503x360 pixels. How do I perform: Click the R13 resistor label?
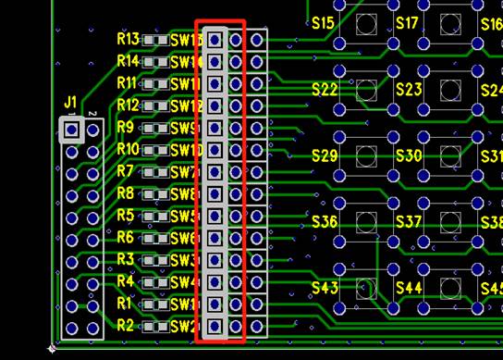coord(129,40)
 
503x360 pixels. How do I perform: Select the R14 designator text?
coord(129,61)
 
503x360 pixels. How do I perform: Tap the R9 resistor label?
coord(126,127)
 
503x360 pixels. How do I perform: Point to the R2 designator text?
coord(126,325)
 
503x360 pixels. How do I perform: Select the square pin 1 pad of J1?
coord(72,130)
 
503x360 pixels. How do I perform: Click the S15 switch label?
coord(324,22)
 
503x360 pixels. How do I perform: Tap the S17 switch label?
coord(407,22)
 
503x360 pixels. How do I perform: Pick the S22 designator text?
coord(325,90)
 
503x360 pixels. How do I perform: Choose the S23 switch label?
coord(409,90)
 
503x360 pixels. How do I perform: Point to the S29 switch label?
coord(325,155)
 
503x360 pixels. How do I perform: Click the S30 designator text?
coord(409,155)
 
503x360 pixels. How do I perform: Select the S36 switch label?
coord(325,222)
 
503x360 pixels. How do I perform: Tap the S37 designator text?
coord(409,222)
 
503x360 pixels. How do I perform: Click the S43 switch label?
coord(325,288)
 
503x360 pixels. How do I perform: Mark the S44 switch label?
coord(409,288)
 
